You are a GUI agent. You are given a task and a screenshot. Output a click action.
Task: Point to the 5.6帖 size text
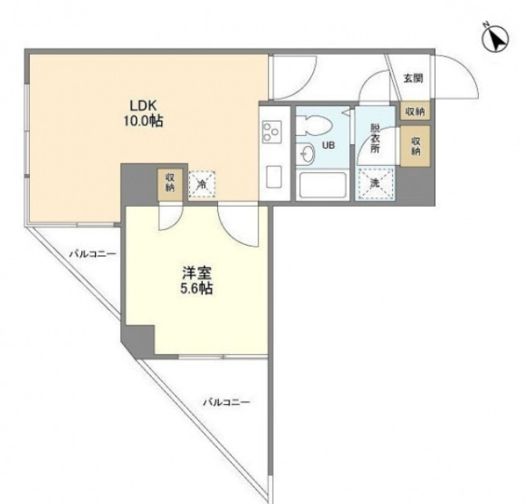click(196, 289)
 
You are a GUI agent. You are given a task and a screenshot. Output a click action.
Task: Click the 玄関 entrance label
click(413, 79)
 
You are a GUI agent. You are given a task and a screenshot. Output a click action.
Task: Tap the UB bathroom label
click(328, 146)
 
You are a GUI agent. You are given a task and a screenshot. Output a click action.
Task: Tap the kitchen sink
click(271, 175)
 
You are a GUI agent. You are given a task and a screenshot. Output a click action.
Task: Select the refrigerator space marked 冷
click(202, 185)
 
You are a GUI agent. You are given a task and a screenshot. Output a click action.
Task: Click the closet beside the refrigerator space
click(170, 182)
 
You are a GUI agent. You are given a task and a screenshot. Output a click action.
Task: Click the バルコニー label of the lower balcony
click(226, 400)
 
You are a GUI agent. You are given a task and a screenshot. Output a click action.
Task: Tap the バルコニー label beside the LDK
click(92, 254)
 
